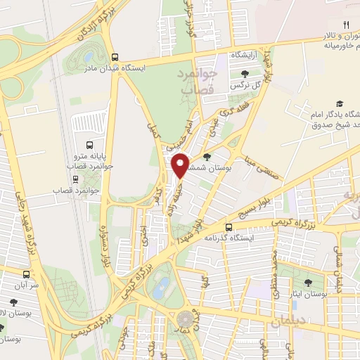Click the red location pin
tap(181, 165)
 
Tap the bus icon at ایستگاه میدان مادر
tap(115, 58)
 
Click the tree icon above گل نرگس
tap(245, 73)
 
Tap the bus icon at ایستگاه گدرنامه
tap(229, 226)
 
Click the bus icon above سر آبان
tap(26, 274)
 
